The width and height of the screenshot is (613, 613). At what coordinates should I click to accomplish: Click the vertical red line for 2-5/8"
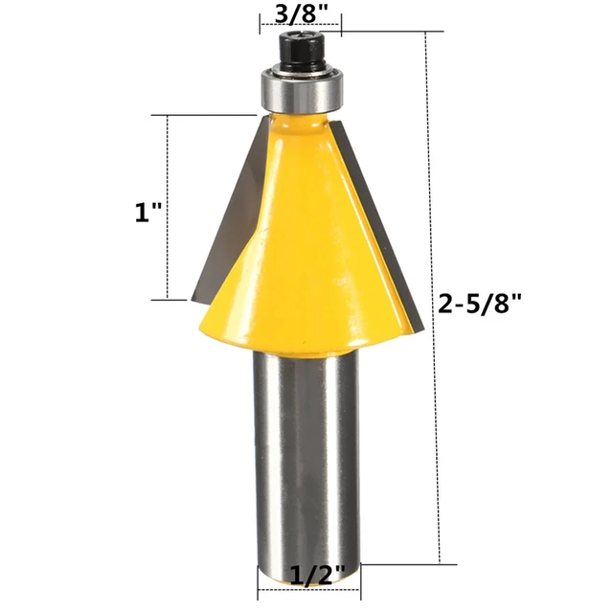coord(425,297)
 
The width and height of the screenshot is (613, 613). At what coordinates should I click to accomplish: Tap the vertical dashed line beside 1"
coord(169,206)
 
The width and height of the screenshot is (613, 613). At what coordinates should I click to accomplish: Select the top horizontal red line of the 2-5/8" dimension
coord(383,32)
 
